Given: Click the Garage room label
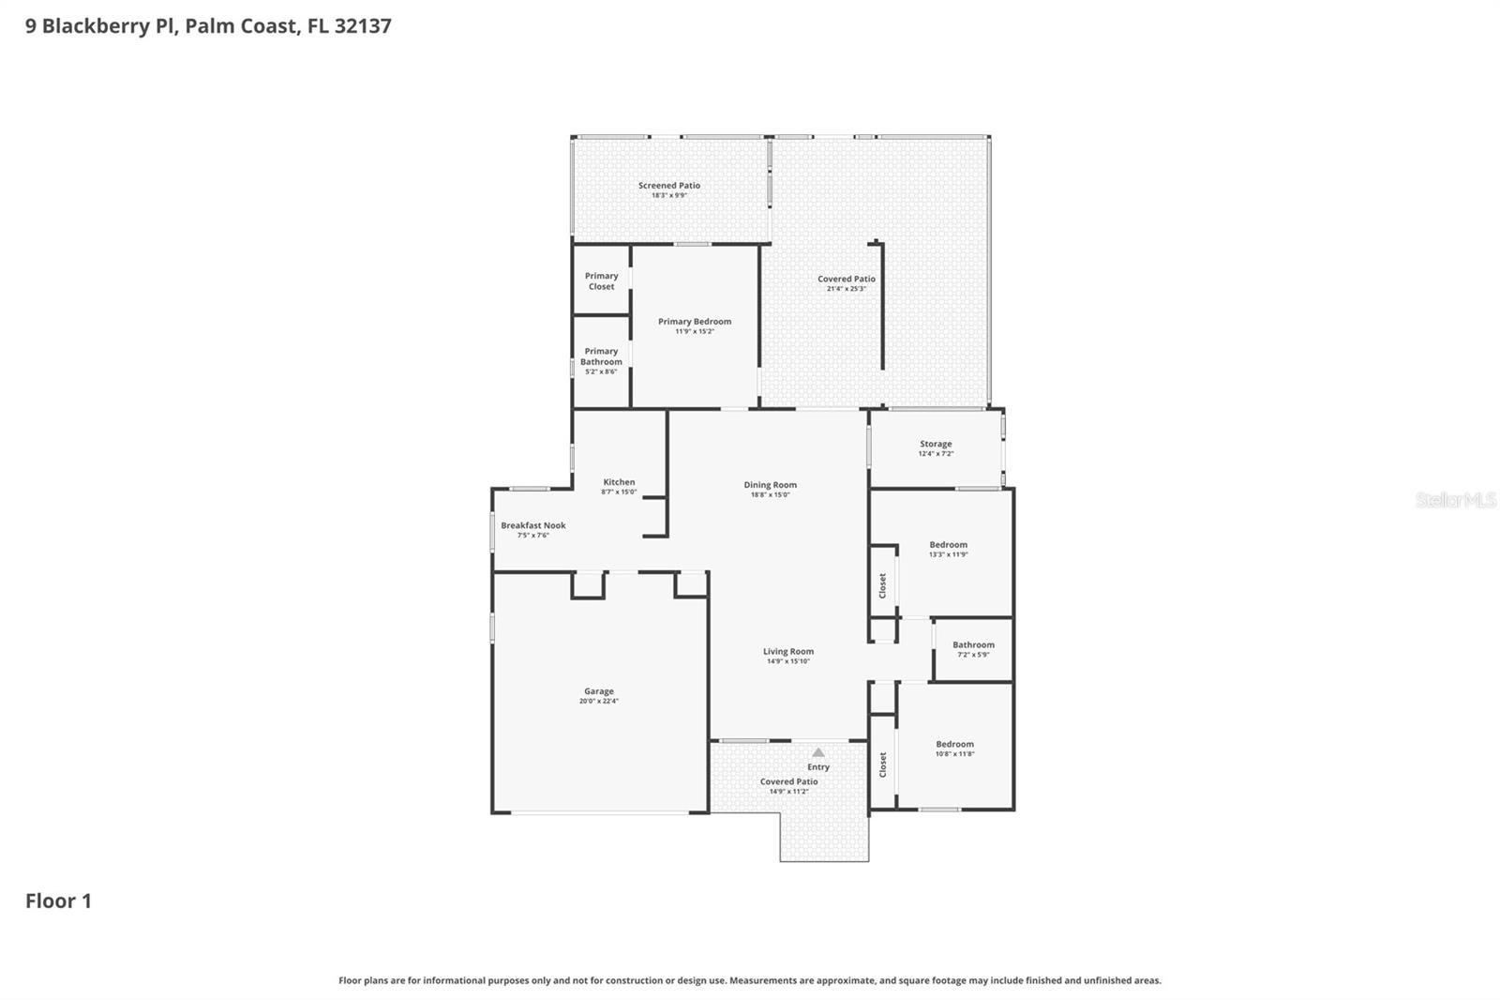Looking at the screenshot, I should tap(599, 691).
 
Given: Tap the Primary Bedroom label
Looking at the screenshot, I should tap(695, 322).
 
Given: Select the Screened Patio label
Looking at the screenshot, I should tap(669, 186).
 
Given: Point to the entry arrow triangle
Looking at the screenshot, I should tap(818, 752).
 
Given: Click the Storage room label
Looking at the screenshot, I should tap(936, 444).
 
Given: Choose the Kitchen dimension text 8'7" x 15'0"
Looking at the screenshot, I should tap(619, 492).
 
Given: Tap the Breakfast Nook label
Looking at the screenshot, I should tap(533, 525).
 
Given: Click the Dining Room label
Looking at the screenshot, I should tap(771, 485).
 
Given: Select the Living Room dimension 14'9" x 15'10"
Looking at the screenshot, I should tap(788, 661).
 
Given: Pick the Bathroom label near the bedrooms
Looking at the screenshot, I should tap(973, 644).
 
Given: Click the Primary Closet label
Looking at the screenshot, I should tap(602, 281).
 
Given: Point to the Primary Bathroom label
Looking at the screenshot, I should tap(601, 356).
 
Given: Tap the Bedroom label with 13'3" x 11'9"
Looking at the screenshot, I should tap(949, 544).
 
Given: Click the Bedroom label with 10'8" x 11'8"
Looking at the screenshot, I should tap(954, 744).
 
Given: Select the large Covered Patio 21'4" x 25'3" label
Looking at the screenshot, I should tap(847, 279).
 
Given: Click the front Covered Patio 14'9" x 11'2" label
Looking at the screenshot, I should tap(789, 781).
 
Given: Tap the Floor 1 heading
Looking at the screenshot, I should tap(58, 901).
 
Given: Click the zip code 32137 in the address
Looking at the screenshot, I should tap(362, 25).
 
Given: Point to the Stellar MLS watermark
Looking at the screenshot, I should tap(1455, 500).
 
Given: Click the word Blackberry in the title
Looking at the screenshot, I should tap(97, 25).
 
